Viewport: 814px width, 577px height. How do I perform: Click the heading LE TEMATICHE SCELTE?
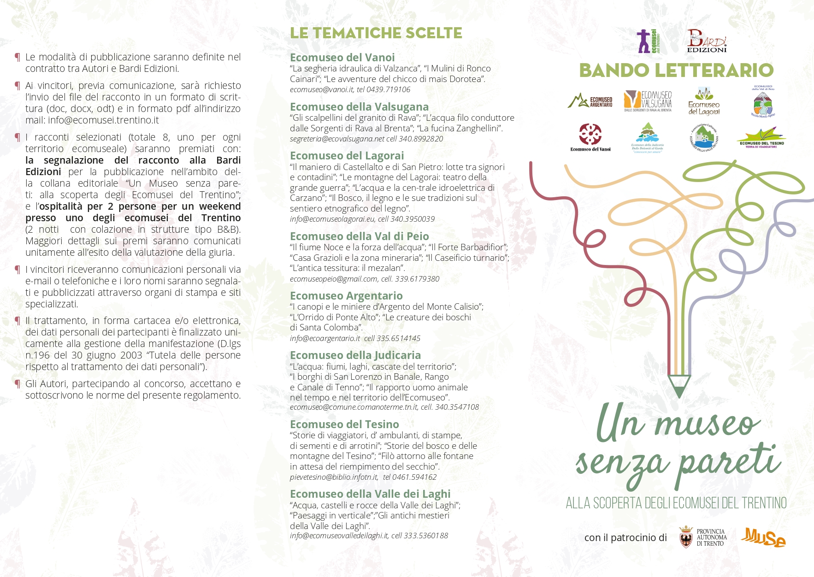pyautogui.click(x=376, y=33)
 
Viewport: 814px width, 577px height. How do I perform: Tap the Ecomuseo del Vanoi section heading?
pyautogui.click(x=342, y=58)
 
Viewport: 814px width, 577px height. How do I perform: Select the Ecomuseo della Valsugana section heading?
pyautogui.click(x=359, y=107)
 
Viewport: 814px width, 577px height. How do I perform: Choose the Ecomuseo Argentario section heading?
pyautogui.click(x=346, y=296)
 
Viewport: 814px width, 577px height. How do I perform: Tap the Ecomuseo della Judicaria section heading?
pyautogui.click(x=355, y=355)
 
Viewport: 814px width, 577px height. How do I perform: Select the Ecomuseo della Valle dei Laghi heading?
pyautogui.click(x=370, y=494)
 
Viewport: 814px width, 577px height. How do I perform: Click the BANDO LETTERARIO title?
pyautogui.click(x=676, y=71)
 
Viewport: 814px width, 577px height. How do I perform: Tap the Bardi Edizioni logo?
pyautogui.click(x=707, y=41)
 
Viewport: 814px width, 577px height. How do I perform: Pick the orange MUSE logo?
pyautogui.click(x=763, y=537)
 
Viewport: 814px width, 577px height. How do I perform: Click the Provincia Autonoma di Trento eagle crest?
pyautogui.click(x=686, y=537)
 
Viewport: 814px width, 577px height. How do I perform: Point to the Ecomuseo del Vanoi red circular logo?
pyautogui.click(x=590, y=135)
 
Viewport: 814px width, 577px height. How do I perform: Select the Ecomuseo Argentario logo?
pyautogui.click(x=590, y=101)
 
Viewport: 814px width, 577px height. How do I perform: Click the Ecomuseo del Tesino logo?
pyautogui.click(x=761, y=138)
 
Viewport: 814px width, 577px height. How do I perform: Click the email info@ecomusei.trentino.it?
pyautogui.click(x=103, y=120)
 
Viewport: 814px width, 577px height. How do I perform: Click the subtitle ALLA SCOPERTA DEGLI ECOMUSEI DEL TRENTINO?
pyautogui.click(x=676, y=503)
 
